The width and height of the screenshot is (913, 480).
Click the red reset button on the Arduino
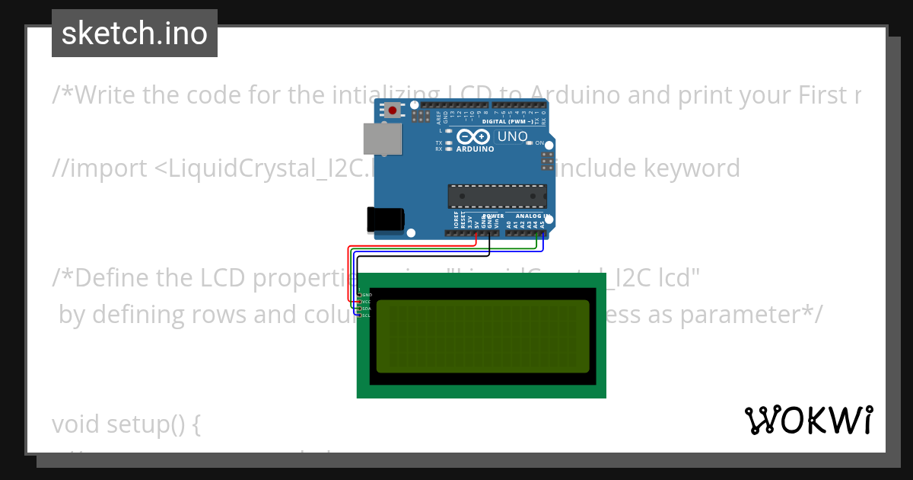click(392, 110)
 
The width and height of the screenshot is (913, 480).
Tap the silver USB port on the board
click(382, 139)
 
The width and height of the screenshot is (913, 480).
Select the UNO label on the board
click(512, 136)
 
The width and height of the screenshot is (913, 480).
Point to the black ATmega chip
click(497, 196)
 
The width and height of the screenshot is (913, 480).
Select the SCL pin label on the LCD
click(366, 315)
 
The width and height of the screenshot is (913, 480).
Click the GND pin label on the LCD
click(367, 294)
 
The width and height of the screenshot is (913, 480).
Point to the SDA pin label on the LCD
click(366, 309)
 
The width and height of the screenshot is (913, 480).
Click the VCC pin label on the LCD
click(366, 302)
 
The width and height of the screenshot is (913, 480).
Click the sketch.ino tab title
click(135, 34)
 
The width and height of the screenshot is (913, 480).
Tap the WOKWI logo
click(808, 420)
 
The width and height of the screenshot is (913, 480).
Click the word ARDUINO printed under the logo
click(475, 149)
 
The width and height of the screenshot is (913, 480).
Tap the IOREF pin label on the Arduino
click(456, 222)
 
